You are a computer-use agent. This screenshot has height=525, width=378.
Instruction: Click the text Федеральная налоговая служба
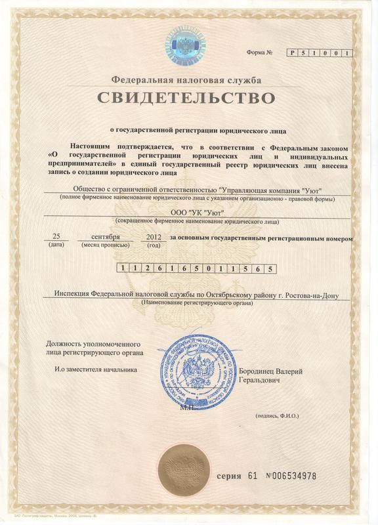point(186,80)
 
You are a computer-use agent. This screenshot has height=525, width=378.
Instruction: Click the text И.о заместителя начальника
point(96,370)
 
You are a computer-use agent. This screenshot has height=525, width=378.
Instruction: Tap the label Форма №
point(259,52)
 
